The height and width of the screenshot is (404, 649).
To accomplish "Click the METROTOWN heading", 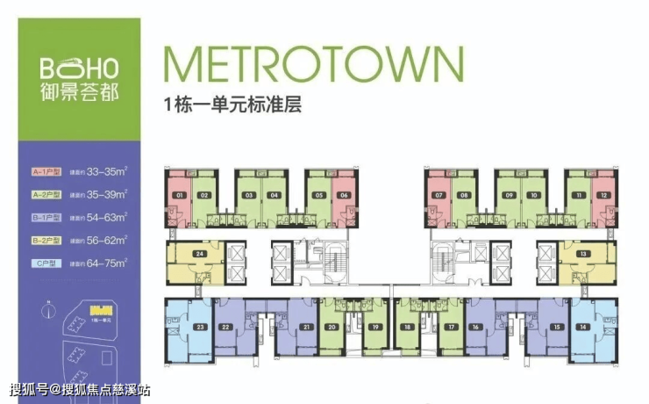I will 312,64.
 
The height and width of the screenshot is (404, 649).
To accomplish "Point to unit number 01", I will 179,195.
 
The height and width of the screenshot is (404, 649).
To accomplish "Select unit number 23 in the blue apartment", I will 201,328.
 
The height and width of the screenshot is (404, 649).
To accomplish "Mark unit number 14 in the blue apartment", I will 582,328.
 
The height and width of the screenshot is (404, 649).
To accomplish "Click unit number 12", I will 604,195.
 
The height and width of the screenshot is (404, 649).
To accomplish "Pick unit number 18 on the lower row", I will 407,328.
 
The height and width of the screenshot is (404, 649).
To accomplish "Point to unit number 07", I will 439,195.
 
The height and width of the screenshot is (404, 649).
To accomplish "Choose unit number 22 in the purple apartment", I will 226,328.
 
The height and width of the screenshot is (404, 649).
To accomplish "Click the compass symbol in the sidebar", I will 44,310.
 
